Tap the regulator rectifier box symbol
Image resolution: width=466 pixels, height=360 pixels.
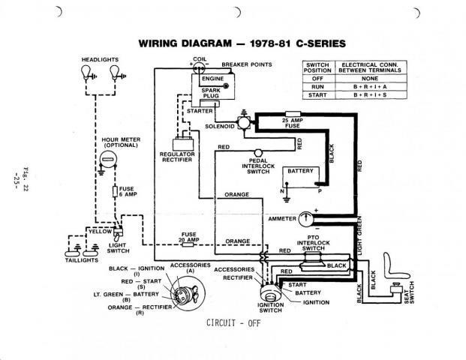pyautogui.click(x=178, y=142)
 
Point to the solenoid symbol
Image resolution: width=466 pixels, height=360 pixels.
pyautogui.click(x=242, y=119)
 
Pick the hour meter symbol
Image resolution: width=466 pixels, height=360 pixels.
pyautogui.click(x=108, y=158)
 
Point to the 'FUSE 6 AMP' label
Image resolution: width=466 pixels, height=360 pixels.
pyautogui.click(x=126, y=191)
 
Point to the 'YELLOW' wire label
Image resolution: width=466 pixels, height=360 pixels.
pyautogui.click(x=100, y=232)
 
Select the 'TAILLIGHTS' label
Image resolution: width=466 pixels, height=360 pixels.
pyautogui.click(x=80, y=262)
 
